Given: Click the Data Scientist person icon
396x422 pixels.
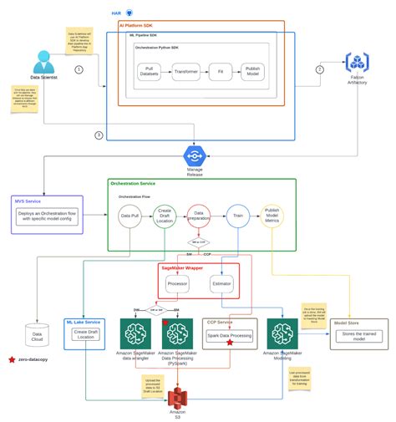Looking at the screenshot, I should (43, 64).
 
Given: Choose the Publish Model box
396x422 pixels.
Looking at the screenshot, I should (254, 72).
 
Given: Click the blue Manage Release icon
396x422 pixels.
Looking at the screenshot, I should (195, 155).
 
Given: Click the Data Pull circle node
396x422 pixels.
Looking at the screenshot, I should (129, 216).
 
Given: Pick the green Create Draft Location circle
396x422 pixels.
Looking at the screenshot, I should (165, 216).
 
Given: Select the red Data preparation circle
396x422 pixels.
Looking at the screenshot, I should (200, 216).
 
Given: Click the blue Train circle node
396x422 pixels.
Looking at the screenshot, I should (237, 216).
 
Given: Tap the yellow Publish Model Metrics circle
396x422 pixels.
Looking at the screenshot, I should (272, 216).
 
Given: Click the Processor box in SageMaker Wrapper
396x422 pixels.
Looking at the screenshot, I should (177, 283).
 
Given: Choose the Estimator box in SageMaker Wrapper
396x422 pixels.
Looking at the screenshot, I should (221, 283).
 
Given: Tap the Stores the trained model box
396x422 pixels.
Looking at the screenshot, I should (360, 336).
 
